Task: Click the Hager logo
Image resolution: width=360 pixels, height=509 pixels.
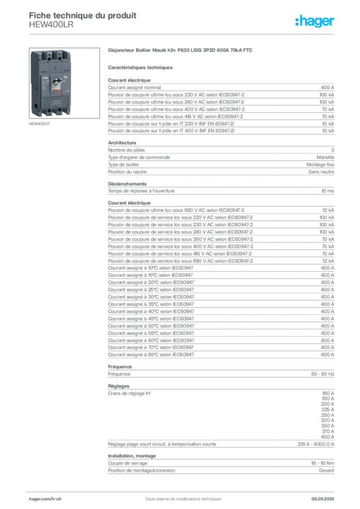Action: coord(315,21)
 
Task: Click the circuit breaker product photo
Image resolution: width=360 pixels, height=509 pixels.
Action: coord(64,83)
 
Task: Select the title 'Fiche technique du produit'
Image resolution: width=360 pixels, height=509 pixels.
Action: coord(83,15)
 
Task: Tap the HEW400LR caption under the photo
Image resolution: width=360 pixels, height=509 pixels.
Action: coord(39,124)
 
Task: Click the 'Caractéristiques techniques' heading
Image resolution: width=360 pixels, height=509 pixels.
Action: coord(140,68)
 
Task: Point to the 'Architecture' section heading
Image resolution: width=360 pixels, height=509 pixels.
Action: coord(122,143)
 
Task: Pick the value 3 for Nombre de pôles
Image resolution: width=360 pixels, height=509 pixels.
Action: coord(333,150)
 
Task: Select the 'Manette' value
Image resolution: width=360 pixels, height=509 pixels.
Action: coord(325,158)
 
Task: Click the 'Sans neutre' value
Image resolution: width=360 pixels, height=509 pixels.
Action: coord(321,171)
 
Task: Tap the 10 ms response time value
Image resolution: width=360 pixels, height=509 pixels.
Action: coord(328,191)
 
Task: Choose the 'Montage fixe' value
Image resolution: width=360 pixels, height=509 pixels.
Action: coord(320,165)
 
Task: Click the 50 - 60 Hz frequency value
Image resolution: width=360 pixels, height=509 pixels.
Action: coord(322,374)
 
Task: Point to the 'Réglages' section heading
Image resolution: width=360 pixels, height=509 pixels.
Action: coord(118,386)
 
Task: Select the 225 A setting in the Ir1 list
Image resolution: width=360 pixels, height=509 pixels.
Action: coord(328,410)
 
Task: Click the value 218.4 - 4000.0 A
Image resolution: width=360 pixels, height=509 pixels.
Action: coord(316,444)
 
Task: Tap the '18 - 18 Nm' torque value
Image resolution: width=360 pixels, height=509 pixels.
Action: coord(322,463)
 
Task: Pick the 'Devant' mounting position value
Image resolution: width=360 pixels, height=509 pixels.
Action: coord(327,470)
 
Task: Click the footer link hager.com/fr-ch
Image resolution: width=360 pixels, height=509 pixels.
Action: coord(45,499)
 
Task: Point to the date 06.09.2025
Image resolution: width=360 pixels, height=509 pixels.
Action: coord(323,499)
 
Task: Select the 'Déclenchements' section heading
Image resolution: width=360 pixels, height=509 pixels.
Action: coord(127,184)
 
